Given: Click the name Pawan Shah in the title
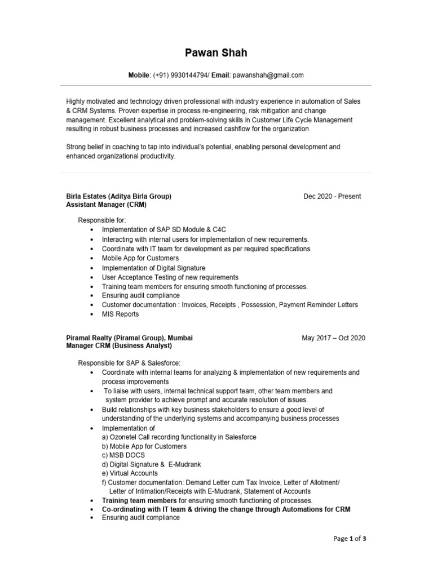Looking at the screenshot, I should coord(216,54).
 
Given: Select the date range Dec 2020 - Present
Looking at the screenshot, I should coord(332,196).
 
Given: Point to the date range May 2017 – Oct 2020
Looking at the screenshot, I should coord(333,338).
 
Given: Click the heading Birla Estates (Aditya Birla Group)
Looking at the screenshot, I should coord(119,196).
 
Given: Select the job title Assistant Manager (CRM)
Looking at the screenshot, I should coord(107,205).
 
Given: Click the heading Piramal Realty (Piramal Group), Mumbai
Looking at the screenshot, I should coord(130,338).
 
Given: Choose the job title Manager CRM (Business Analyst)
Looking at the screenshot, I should coord(120,346).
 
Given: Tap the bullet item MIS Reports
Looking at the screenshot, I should coord(120,314).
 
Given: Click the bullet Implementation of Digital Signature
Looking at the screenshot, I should coord(153,268).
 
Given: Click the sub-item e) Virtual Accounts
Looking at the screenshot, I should coord(130,473).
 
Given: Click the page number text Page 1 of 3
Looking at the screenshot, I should coord(350,539).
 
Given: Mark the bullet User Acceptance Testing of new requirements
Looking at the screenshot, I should coord(170,277).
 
